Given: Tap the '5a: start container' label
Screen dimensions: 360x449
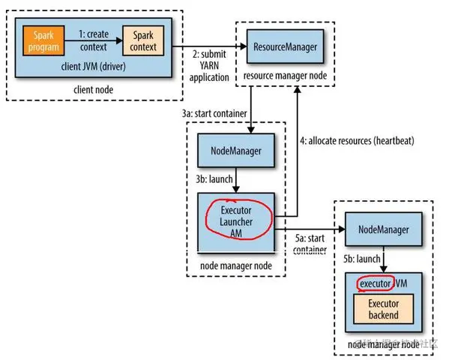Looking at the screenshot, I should click(x=309, y=244).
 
